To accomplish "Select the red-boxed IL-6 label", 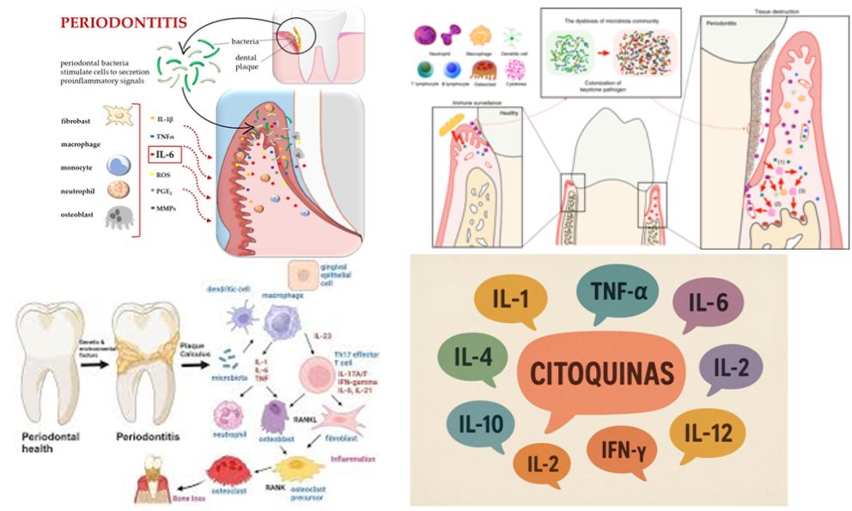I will pos(165,155).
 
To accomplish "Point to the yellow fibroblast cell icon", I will pos(120,115).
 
